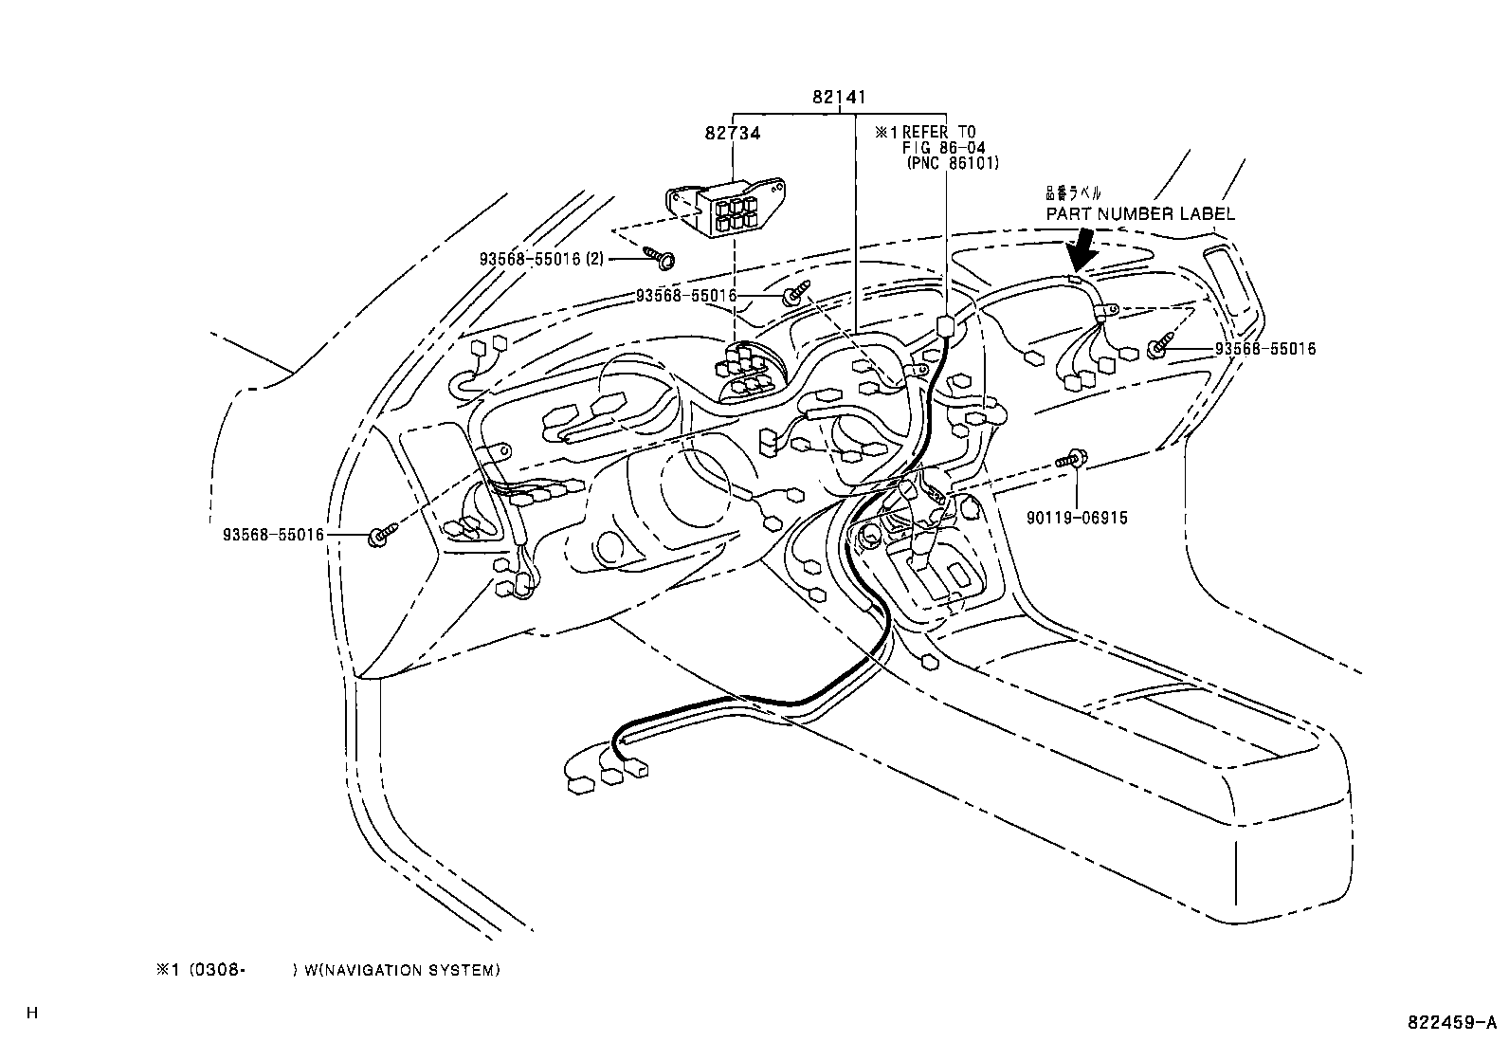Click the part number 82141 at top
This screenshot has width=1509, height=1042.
[839, 97]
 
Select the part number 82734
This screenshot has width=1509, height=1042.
[732, 134]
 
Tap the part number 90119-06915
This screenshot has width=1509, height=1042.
[1078, 519]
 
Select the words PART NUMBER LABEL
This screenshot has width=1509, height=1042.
[1140, 214]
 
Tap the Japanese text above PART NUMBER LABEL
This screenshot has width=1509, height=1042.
[1073, 192]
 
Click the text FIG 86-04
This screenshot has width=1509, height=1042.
[944, 148]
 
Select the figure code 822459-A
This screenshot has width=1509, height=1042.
[1450, 1023]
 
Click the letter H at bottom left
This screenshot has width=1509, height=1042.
[31, 1013]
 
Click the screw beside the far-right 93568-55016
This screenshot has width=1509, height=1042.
[1160, 348]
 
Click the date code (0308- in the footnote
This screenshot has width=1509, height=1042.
[218, 970]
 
